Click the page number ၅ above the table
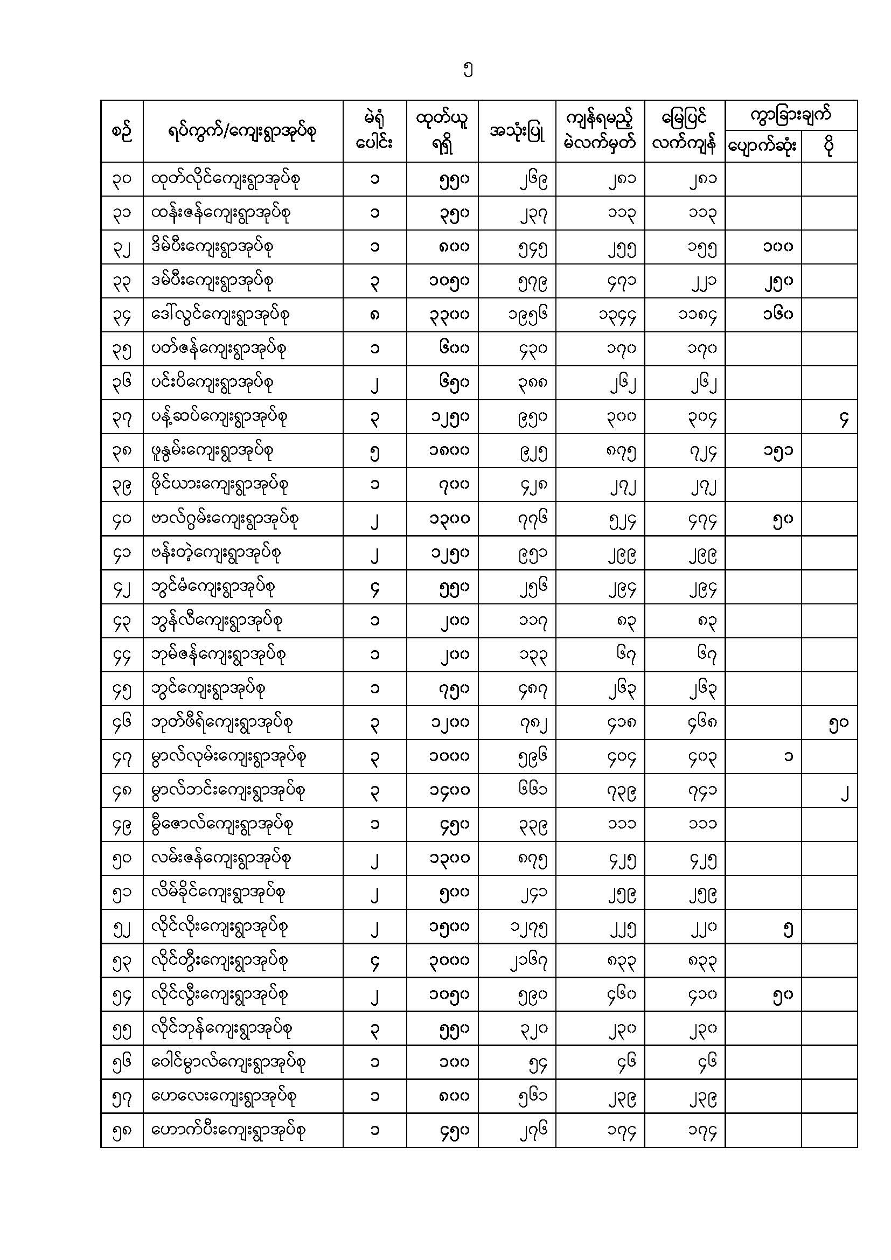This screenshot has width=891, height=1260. click(x=468, y=70)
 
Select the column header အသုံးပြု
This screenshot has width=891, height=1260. click(x=517, y=131)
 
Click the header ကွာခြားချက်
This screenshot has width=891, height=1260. click(x=791, y=115)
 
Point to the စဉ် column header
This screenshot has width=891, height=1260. click(x=122, y=131)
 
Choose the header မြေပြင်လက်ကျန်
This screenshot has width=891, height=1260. click(x=684, y=131)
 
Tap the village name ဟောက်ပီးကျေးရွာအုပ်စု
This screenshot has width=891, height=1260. click(x=228, y=1131)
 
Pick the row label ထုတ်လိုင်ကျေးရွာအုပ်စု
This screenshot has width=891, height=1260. click(x=226, y=179)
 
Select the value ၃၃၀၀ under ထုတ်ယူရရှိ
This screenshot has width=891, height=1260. click(x=449, y=315)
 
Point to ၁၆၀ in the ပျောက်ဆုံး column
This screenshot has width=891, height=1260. click(x=777, y=315)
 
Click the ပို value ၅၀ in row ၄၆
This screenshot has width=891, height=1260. click(x=838, y=723)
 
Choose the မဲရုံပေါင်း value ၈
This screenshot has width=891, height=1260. click(x=375, y=315)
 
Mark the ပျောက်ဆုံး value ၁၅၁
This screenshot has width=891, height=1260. click(x=777, y=451)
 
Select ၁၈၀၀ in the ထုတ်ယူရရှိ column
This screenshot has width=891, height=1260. click(x=449, y=451)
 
